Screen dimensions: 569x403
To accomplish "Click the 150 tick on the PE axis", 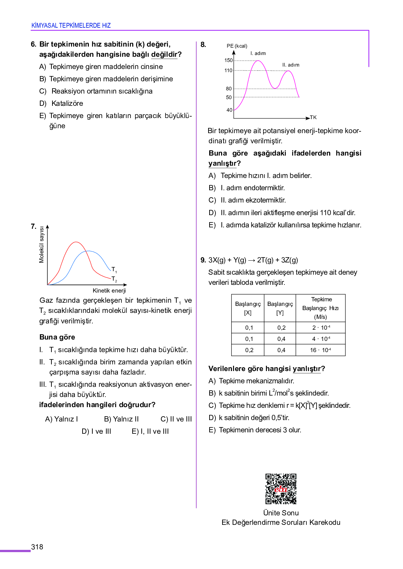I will tap(228, 60).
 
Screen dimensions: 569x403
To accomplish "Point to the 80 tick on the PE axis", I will tap(229, 89).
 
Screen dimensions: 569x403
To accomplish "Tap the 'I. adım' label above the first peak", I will tap(258, 53).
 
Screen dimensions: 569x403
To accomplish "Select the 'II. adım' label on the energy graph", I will tap(291, 65).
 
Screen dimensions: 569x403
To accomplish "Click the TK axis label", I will tap(313, 117).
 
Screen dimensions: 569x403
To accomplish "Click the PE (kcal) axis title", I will tap(237, 46).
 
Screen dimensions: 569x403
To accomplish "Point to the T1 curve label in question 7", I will tap(114, 269).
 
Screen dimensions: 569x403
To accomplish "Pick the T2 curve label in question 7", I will tap(114, 279).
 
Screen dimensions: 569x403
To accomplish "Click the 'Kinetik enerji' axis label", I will tap(109, 290).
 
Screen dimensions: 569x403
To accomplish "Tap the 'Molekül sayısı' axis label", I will tap(42, 245).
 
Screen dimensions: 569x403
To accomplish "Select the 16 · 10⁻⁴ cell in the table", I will tap(320, 350).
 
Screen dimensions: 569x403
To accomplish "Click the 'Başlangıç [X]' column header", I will tap(248, 308).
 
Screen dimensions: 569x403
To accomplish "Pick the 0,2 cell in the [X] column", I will tap(249, 350).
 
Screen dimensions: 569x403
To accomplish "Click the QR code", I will tap(281, 489).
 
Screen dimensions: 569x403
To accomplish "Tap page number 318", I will tap(37, 547).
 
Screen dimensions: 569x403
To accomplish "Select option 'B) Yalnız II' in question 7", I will tap(121, 419).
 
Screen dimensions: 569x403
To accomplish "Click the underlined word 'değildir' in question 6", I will tap(164, 54).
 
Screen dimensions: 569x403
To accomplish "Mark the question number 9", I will tap(203, 260).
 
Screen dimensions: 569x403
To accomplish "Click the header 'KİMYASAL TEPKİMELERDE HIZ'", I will tap(71, 26).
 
